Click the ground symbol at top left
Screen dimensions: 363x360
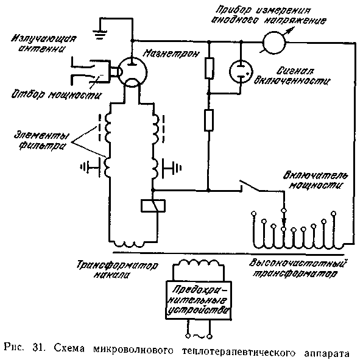[x=99, y=34]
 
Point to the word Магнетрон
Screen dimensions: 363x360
[x=171, y=54]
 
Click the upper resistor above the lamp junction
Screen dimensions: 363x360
[x=209, y=68]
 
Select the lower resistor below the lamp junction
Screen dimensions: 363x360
[x=209, y=120]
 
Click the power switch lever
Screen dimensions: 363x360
[x=250, y=185]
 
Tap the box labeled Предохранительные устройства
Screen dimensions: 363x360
[x=199, y=300]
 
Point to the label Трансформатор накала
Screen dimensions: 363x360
[x=117, y=270]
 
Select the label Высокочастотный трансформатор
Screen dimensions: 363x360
[x=298, y=268]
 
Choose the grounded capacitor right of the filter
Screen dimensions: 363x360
[x=172, y=168]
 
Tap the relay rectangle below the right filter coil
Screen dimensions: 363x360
[x=153, y=205]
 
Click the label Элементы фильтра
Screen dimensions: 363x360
[x=41, y=140]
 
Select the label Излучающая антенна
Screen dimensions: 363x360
[x=43, y=43]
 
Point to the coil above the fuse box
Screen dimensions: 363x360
[x=199, y=264]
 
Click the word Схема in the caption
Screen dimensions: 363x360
[x=69, y=348]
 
